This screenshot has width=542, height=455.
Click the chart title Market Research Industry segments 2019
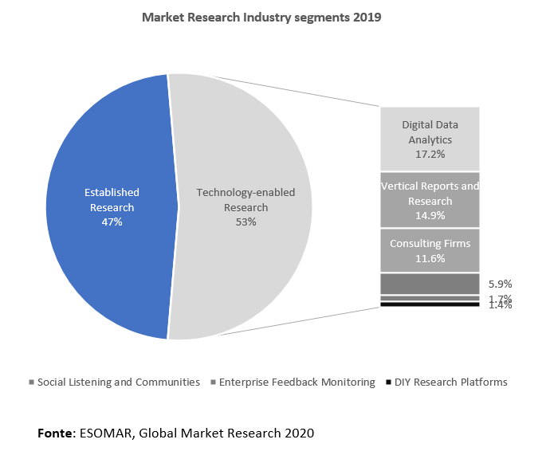pos(261,17)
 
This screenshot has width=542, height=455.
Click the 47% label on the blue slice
pos(111,222)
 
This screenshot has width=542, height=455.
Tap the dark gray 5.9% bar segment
pos(430,284)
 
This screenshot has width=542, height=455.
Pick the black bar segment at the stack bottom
pos(430,304)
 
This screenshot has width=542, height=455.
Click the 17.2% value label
pos(430,153)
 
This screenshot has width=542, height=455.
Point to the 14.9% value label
pos(430,215)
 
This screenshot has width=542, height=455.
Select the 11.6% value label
pos(430,258)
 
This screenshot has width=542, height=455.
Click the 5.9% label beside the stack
pos(499,284)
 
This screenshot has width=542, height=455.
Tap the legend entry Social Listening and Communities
pos(118,382)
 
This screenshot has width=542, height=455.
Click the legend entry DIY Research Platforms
pos(451,382)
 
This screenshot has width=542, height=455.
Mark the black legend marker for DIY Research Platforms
pos(388,382)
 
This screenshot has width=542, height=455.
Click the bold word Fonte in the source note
pos(55,433)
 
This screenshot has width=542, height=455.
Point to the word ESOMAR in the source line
pos(108,433)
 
